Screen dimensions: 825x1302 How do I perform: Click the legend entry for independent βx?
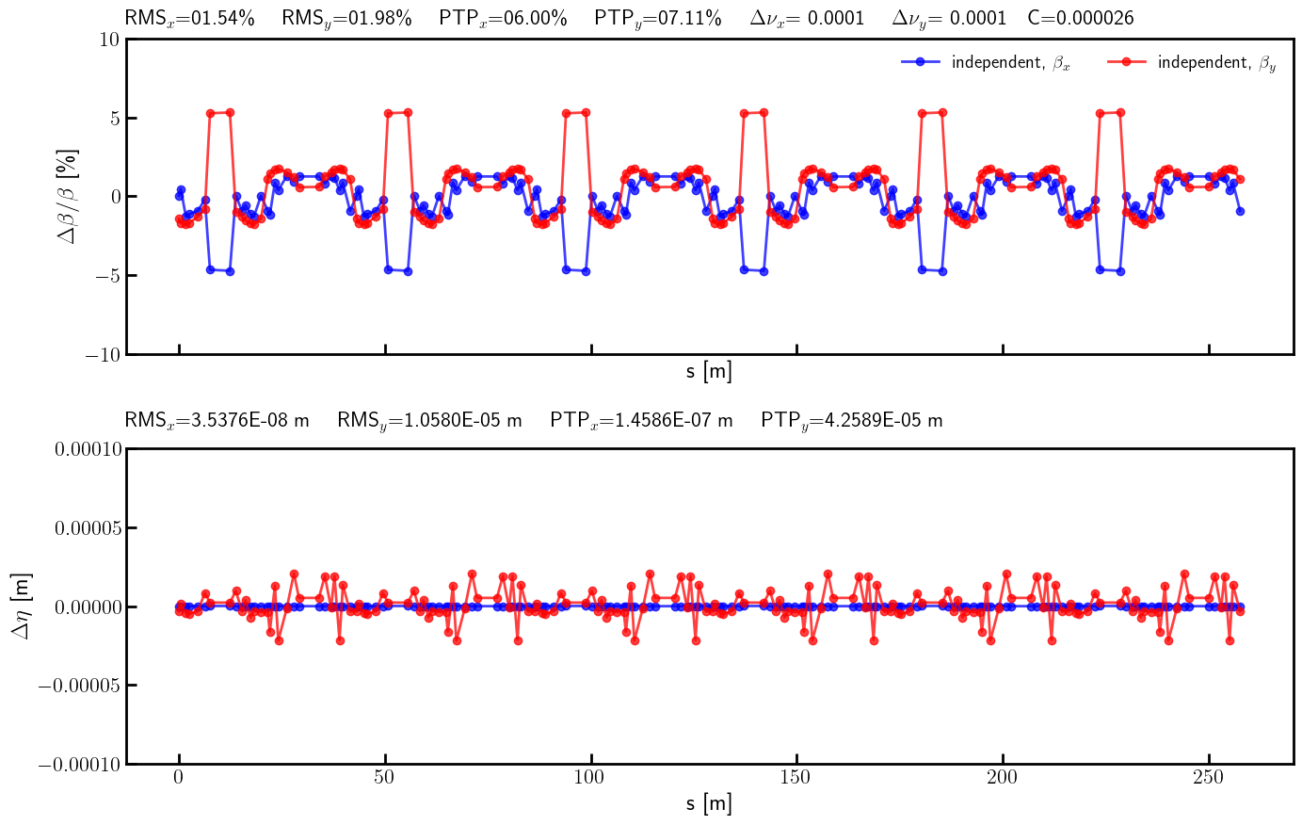986,62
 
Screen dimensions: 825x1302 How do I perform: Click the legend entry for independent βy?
1192,62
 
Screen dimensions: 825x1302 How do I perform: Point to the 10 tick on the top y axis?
108,39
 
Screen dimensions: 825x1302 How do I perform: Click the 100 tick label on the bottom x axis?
590,777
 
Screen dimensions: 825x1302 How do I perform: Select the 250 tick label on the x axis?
1209,777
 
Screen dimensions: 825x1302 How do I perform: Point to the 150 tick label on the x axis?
796,777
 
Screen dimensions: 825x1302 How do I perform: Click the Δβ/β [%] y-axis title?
69,196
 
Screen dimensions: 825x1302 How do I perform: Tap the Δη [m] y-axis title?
21,606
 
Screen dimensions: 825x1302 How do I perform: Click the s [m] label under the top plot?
709,372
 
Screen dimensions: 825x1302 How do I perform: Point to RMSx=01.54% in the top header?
189,18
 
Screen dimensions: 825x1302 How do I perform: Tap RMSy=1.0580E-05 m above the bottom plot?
429,420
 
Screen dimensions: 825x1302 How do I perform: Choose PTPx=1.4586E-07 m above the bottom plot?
641,420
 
